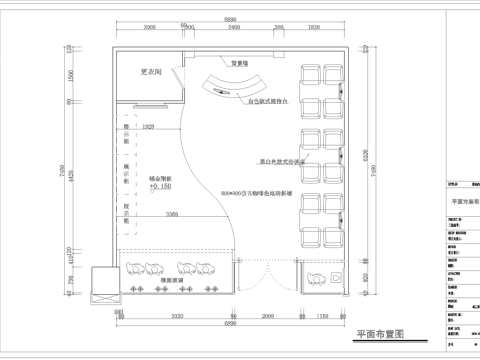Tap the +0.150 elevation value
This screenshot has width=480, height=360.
click(161, 186)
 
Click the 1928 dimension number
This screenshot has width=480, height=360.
click(149, 127)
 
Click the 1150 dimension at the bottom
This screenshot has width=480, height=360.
click(321, 315)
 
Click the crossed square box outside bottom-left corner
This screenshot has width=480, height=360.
click(103, 284)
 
